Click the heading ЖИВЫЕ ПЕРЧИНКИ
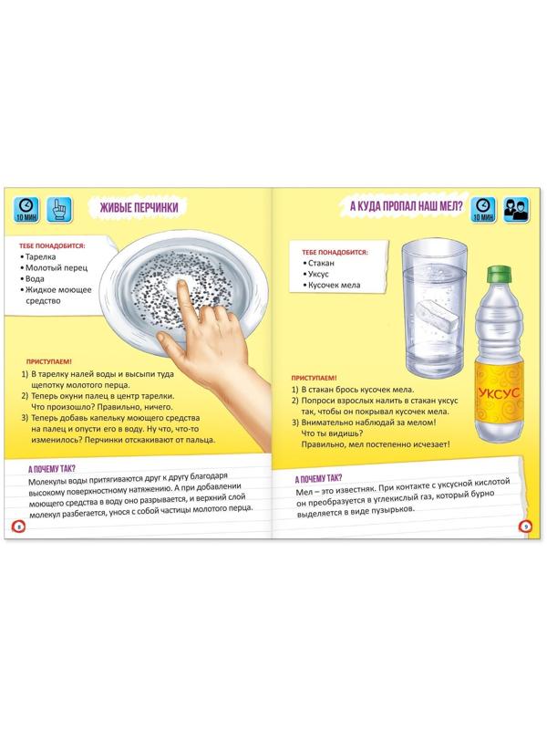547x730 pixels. point(139,208)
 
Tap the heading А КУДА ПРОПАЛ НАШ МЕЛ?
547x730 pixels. point(406,205)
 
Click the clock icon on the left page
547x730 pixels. point(26,209)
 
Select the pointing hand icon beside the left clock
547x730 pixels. point(60,209)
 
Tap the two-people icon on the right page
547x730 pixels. point(516,210)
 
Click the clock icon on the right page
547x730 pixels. point(483,210)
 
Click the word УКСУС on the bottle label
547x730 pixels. point(499,393)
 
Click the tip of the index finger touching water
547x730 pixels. point(180,285)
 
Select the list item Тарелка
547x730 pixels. point(40,256)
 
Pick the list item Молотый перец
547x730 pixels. point(56,267)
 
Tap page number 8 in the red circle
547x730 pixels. point(18,527)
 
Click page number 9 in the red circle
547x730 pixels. point(525,527)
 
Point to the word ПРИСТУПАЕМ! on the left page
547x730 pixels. point(49,361)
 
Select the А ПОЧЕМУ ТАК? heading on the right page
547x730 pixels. point(318,478)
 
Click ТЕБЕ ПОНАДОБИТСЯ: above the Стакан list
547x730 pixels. point(335,252)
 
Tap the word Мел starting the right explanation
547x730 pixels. point(303,493)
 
